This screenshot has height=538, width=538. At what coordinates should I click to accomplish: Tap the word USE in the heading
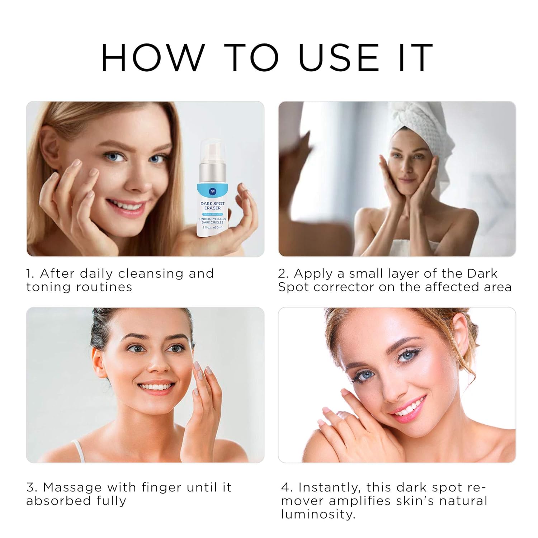point(338,57)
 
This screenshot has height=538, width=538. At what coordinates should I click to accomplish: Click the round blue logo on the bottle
point(212,192)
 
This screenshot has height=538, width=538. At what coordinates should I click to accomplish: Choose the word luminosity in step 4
point(318,514)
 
